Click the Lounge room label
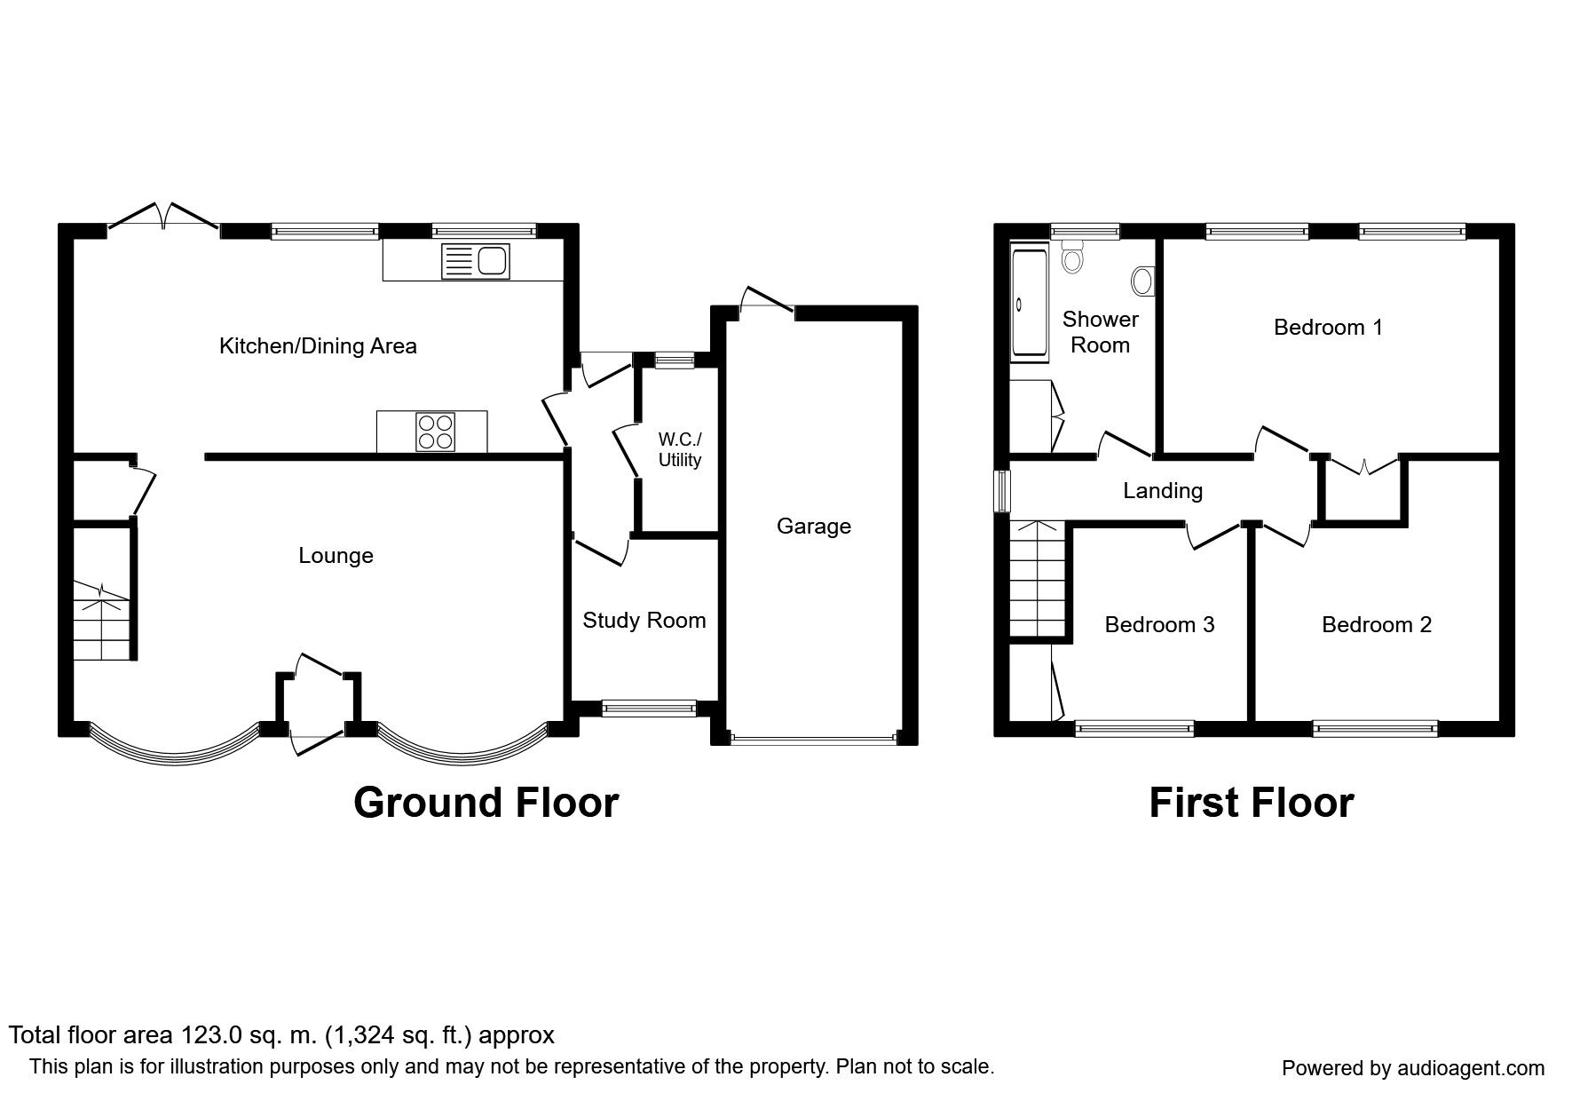336,556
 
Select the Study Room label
644,620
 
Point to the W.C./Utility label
680,449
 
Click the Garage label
814,527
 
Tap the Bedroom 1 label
1328,328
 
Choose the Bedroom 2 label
1377,625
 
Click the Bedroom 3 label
1159,625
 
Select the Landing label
1163,490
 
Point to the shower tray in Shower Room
1030,303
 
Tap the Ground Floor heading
486,803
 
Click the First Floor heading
1251,803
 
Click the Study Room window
649,708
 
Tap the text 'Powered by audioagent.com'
1413,1069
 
